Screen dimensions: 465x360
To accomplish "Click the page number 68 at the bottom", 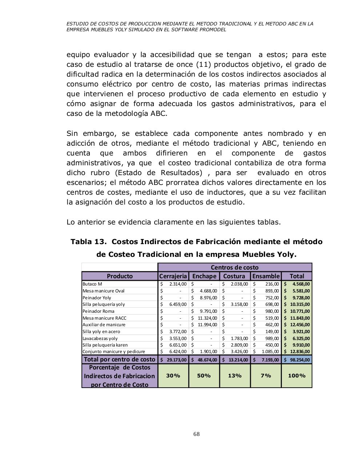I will [x=196, y=434].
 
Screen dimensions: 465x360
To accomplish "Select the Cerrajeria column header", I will [x=173, y=276].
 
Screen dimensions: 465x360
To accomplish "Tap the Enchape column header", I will [x=204, y=276].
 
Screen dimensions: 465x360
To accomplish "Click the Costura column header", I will [x=235, y=276].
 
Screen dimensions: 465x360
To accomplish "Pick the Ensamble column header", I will [x=266, y=276].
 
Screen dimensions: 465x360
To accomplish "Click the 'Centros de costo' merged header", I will [x=235, y=267].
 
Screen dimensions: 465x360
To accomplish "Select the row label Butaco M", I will [x=92, y=284].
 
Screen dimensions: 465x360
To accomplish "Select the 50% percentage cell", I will [x=204, y=376].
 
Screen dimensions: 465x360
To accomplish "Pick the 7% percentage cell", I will [x=266, y=376].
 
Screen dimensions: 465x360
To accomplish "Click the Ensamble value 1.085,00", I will [x=269, y=352].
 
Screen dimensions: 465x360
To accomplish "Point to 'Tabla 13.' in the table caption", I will [x=89, y=242].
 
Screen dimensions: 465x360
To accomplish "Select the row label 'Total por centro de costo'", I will [x=120, y=359].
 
